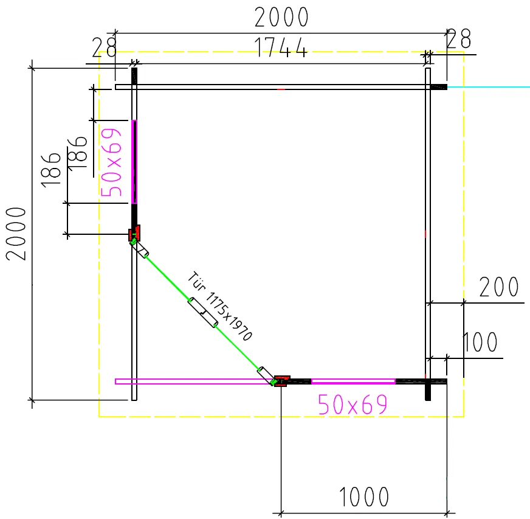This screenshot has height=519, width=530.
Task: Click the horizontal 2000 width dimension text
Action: (x=281, y=17)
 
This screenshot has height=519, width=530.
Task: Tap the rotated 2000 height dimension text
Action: (x=16, y=234)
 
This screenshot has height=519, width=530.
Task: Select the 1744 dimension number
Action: (x=281, y=47)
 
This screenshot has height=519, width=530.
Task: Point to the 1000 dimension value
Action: (x=363, y=496)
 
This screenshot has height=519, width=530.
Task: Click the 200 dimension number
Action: (x=499, y=287)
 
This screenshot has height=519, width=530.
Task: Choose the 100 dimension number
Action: (x=480, y=342)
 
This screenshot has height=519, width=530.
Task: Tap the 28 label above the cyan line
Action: (x=458, y=38)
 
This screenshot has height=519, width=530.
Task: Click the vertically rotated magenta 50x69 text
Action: (x=111, y=162)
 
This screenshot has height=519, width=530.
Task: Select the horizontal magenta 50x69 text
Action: (x=353, y=404)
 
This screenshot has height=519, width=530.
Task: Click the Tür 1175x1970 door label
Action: (x=219, y=306)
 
